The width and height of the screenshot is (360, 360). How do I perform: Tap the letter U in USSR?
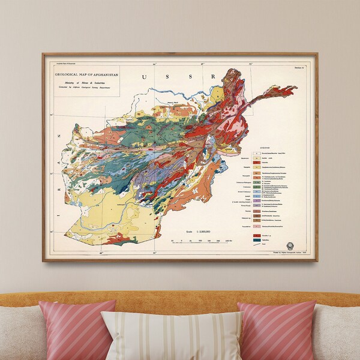[x=144, y=77]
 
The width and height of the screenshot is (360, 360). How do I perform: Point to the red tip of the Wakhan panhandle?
[x=291, y=90]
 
